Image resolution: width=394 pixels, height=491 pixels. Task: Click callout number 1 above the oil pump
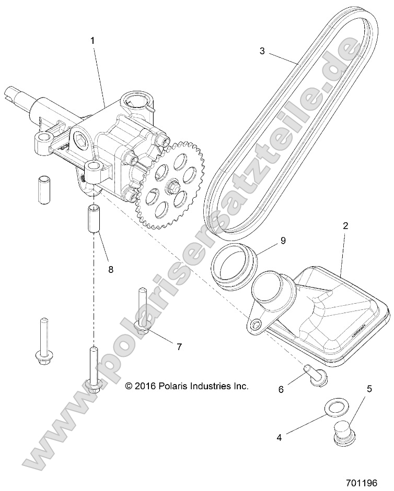tap(94, 39)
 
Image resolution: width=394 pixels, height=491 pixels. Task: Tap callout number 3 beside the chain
tap(262, 51)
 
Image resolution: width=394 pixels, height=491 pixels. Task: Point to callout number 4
tap(280, 437)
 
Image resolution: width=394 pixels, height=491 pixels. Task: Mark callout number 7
tap(179, 346)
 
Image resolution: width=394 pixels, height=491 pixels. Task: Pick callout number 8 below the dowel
tap(110, 269)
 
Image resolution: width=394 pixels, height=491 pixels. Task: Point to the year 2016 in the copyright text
tap(146, 386)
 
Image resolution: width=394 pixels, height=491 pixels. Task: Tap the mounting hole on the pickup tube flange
tap(256, 326)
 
